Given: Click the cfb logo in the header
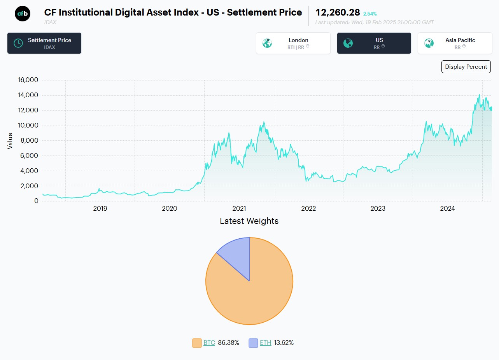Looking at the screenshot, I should (x=23, y=14).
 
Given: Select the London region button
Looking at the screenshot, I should (x=293, y=43).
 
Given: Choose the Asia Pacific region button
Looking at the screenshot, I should (x=455, y=43).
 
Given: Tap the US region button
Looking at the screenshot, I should (x=374, y=43).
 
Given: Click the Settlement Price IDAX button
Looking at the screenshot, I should (x=44, y=43).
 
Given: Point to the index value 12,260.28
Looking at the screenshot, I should (x=338, y=13).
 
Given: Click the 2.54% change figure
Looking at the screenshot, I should (x=370, y=14).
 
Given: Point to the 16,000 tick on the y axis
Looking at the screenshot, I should (x=28, y=80).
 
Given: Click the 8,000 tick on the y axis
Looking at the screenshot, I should (x=30, y=140).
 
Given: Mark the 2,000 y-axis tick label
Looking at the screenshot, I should (x=30, y=186).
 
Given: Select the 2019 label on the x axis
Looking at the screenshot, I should (x=100, y=209).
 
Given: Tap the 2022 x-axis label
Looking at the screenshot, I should (x=308, y=209).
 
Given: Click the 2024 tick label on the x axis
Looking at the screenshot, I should (x=447, y=209).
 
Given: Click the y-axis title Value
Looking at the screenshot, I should (x=10, y=141).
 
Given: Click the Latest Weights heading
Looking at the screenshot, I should (x=249, y=221).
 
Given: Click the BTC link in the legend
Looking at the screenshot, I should (x=209, y=343).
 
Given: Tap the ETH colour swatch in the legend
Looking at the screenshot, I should (x=254, y=343).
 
